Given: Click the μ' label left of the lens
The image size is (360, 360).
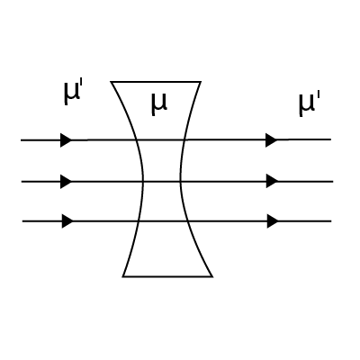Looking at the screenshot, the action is (x=73, y=93).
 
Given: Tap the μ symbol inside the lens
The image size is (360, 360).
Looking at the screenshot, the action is (x=158, y=103).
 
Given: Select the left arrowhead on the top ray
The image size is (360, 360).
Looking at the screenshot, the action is (x=67, y=140).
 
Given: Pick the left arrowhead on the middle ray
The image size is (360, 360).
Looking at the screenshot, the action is (x=67, y=182).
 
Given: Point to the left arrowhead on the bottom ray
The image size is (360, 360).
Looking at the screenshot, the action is (x=67, y=221).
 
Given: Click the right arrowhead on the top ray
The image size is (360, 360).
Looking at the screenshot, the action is (x=272, y=139).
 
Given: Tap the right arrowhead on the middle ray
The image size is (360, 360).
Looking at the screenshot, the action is (x=273, y=181).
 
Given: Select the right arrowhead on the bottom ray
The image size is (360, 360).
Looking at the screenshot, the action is (x=273, y=221).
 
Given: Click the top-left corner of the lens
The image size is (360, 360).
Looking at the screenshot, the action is (x=111, y=82).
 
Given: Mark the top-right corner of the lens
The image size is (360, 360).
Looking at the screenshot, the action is (x=201, y=82).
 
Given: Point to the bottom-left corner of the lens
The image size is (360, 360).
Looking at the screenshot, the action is (x=123, y=276).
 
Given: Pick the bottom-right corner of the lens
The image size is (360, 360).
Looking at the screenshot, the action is (x=212, y=276).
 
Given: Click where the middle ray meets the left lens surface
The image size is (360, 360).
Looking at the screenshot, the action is (x=143, y=182).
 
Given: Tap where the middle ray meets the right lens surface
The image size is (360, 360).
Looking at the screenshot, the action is (x=180, y=182).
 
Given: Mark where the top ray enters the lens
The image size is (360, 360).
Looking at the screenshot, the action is (x=137, y=139).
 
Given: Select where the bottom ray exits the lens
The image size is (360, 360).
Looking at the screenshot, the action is (x=187, y=221).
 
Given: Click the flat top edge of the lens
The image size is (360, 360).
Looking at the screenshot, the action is (x=156, y=82).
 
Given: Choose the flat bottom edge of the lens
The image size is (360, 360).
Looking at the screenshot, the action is (x=167, y=276).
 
